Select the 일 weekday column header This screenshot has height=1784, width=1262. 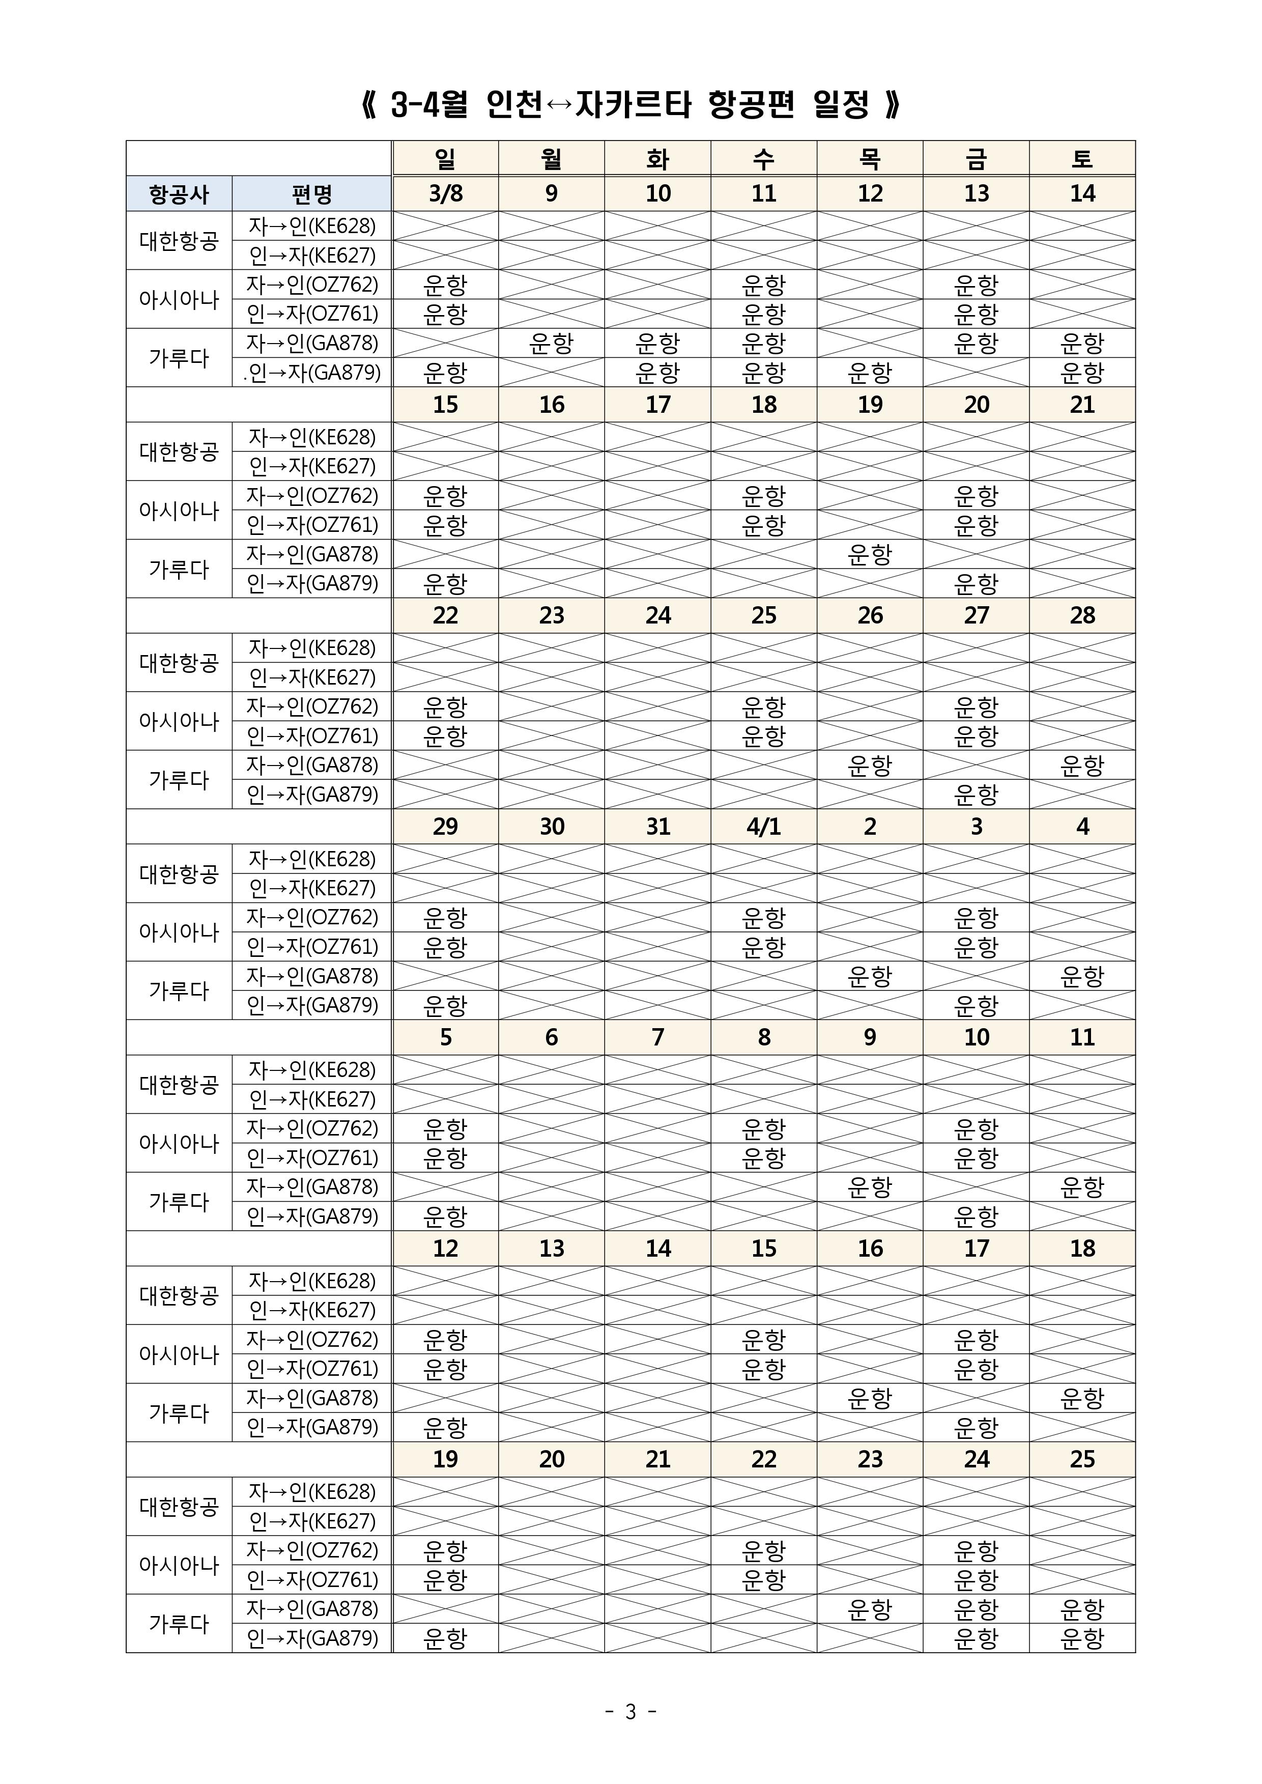coord(445,159)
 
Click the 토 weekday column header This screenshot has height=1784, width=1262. coord(1082,159)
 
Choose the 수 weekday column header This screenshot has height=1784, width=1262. coord(764,159)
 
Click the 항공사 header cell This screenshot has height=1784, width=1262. coord(180,193)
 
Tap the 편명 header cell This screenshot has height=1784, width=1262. coord(311,193)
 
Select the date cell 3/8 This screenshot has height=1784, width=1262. coord(445,193)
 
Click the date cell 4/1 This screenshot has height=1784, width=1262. coord(764,826)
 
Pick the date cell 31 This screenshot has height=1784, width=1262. coord(658,826)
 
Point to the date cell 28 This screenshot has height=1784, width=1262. coord(1082,616)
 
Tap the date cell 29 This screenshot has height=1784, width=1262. coord(445,826)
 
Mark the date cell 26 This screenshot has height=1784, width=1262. coord(870,616)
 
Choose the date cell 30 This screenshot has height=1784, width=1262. coord(552,826)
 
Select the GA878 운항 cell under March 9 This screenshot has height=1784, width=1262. coord(552,344)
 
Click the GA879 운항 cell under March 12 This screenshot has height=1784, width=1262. coord(870,373)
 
